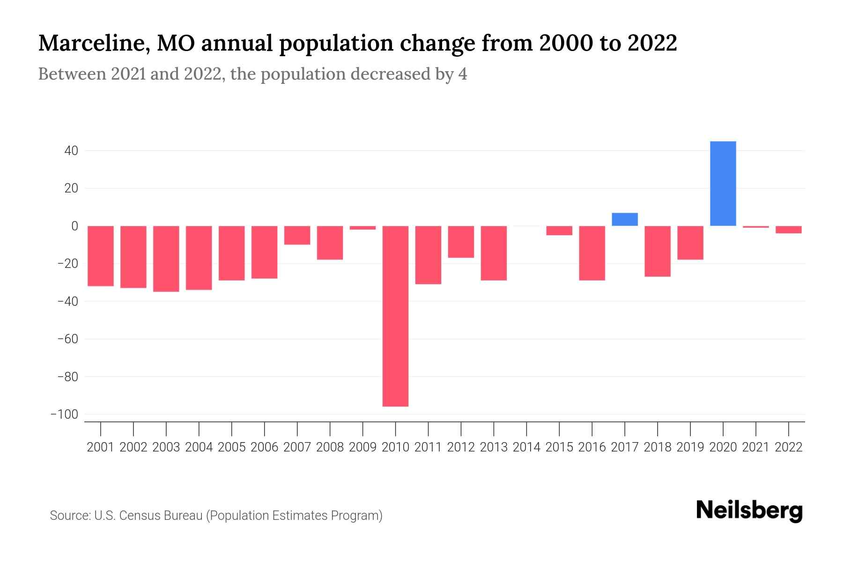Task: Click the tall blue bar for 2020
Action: tap(723, 184)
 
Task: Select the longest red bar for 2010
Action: tap(395, 316)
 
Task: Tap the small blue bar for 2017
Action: tap(624, 219)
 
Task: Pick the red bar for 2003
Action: tap(166, 259)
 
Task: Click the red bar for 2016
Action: tap(592, 253)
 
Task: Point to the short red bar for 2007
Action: tap(297, 235)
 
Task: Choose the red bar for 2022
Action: tap(788, 229)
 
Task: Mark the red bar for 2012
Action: tap(461, 242)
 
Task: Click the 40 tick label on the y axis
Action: tap(68, 151)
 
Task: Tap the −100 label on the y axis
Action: tap(64, 414)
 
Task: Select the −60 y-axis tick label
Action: tap(67, 339)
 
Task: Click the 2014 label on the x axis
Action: tap(526, 447)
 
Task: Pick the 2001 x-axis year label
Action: tap(101, 447)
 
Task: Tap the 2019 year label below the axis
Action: tap(690, 447)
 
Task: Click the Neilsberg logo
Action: tap(749, 510)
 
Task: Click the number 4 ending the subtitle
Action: tap(462, 74)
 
